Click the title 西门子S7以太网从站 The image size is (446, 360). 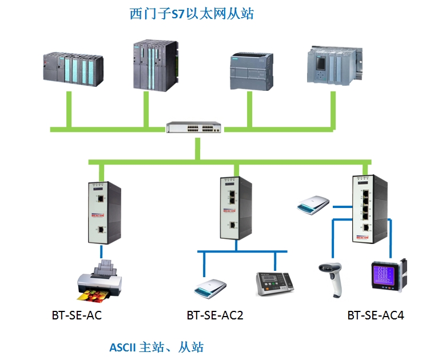(192, 14)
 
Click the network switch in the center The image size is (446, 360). (194, 127)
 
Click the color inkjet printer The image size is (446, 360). (101, 281)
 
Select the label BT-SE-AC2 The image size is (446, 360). (215, 315)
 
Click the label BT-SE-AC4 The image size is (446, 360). (376, 315)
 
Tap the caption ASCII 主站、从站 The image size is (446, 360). (156, 347)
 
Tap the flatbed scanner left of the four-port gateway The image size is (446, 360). (313, 204)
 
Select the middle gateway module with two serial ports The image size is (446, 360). (231, 207)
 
